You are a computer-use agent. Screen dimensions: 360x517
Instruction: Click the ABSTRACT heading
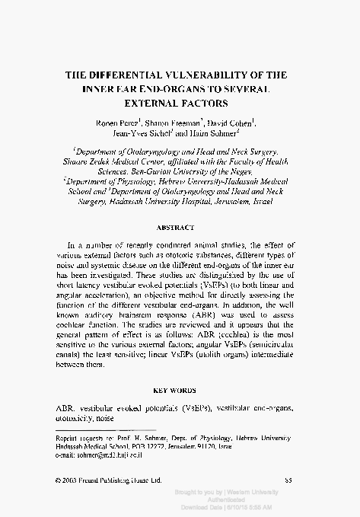tap(180, 228)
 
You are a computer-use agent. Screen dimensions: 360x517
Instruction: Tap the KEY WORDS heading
tap(180, 388)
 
